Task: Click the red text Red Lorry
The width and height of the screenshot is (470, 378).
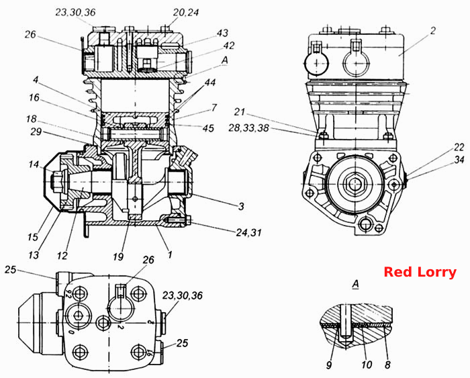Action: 420,272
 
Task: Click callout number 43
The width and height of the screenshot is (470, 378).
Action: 222,33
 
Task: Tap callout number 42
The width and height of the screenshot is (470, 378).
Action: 229,46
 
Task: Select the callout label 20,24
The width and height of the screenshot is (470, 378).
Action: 186,13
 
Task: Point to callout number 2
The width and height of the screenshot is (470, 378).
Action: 432,31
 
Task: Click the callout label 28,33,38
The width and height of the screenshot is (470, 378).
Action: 248,128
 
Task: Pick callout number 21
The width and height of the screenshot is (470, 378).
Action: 240,112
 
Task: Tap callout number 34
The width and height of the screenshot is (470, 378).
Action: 459,160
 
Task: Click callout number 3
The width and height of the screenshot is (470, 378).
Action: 241,207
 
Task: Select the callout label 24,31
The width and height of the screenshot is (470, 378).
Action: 248,232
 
